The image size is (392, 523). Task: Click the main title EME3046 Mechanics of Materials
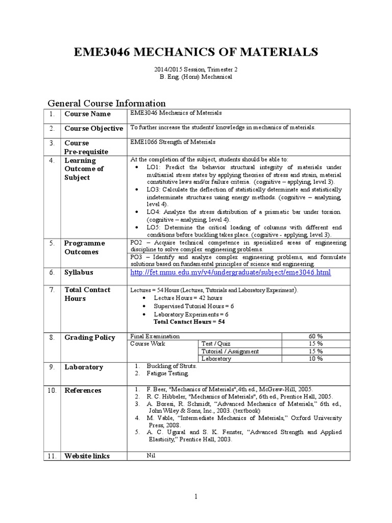(196, 52)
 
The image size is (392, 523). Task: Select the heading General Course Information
(107, 103)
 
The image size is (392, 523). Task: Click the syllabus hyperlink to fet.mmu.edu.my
(230, 273)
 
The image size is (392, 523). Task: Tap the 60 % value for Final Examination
(315, 337)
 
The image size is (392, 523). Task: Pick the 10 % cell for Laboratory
(315, 359)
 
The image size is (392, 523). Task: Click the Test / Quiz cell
(216, 344)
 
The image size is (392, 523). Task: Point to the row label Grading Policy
(89, 338)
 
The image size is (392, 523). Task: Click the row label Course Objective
(93, 128)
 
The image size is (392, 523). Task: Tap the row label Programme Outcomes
(84, 248)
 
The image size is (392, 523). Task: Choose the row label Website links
(87, 456)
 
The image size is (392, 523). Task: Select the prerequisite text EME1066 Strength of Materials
(173, 142)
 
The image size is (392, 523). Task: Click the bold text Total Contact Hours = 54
(189, 322)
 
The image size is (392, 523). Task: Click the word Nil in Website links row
(150, 455)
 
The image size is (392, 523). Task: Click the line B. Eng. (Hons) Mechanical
(196, 77)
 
